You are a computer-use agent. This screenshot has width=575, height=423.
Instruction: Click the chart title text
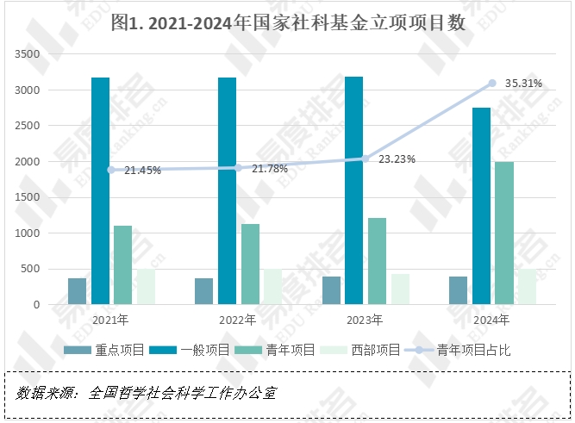288,23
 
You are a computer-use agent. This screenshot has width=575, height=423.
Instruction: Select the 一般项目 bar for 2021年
100,190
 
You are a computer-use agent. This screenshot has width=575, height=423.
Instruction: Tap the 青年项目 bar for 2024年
504,233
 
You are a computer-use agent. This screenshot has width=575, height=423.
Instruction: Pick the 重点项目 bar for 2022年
203,291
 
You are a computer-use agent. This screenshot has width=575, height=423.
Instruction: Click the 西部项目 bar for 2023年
400,289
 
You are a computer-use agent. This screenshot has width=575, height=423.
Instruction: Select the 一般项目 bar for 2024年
481,206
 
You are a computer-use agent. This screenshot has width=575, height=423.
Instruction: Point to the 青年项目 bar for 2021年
123,264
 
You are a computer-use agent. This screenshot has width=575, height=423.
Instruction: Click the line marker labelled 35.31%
492,83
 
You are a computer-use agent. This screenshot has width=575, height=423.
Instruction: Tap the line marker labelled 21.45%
110,170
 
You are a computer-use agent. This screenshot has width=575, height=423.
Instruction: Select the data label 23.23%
397,159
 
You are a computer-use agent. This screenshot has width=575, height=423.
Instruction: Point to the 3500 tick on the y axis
28,54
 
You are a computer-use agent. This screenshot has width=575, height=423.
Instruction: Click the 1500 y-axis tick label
28,197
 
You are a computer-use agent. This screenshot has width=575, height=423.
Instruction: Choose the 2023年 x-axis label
365,320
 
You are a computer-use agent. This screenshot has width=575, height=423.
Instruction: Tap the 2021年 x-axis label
110,320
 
